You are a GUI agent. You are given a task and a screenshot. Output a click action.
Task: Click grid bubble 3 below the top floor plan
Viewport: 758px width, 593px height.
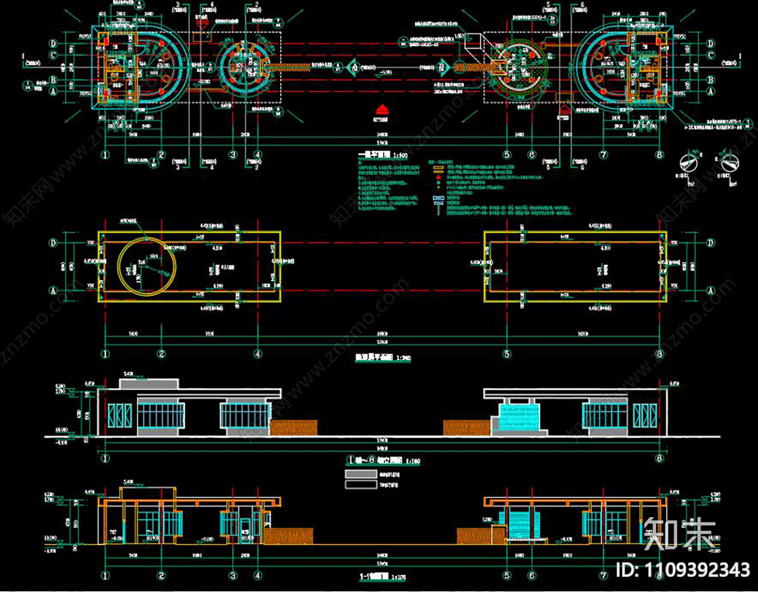pyautogui.click(x=233, y=155)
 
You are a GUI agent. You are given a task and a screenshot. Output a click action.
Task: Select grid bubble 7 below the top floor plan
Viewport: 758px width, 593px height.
pyautogui.click(x=604, y=155)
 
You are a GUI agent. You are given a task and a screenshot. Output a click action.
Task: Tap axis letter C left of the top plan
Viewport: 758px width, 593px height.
pyautogui.click(x=54, y=56)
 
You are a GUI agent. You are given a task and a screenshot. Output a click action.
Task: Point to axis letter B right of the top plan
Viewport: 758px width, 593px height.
pyautogui.click(x=710, y=80)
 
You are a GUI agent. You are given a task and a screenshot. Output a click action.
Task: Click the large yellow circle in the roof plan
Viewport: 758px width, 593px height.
pyautogui.click(x=147, y=266)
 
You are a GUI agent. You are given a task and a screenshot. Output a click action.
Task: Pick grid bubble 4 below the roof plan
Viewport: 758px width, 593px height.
pyautogui.click(x=258, y=354)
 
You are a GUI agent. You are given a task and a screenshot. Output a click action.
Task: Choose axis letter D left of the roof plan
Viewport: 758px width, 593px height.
pyautogui.click(x=54, y=243)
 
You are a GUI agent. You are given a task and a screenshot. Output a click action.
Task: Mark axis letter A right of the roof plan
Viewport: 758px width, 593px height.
pyautogui.click(x=710, y=291)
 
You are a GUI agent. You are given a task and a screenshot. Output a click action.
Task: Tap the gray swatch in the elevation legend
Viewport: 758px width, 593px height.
pyautogui.click(x=361, y=474)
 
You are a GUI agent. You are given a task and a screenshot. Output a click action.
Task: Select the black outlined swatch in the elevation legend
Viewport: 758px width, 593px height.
pyautogui.click(x=361, y=484)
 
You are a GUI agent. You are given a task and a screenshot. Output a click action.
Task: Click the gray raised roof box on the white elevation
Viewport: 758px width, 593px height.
pyautogui.click(x=149, y=384)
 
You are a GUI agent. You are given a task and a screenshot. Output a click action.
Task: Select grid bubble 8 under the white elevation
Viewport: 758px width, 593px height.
pyautogui.click(x=659, y=458)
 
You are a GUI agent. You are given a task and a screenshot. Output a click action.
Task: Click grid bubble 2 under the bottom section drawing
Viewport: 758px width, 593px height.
pyautogui.click(x=161, y=575)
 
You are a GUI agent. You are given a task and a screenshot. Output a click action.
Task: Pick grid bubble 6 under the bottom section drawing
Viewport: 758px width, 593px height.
pyautogui.click(x=531, y=575)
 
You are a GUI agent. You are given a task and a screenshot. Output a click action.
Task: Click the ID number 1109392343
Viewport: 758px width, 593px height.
pyautogui.click(x=683, y=570)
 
